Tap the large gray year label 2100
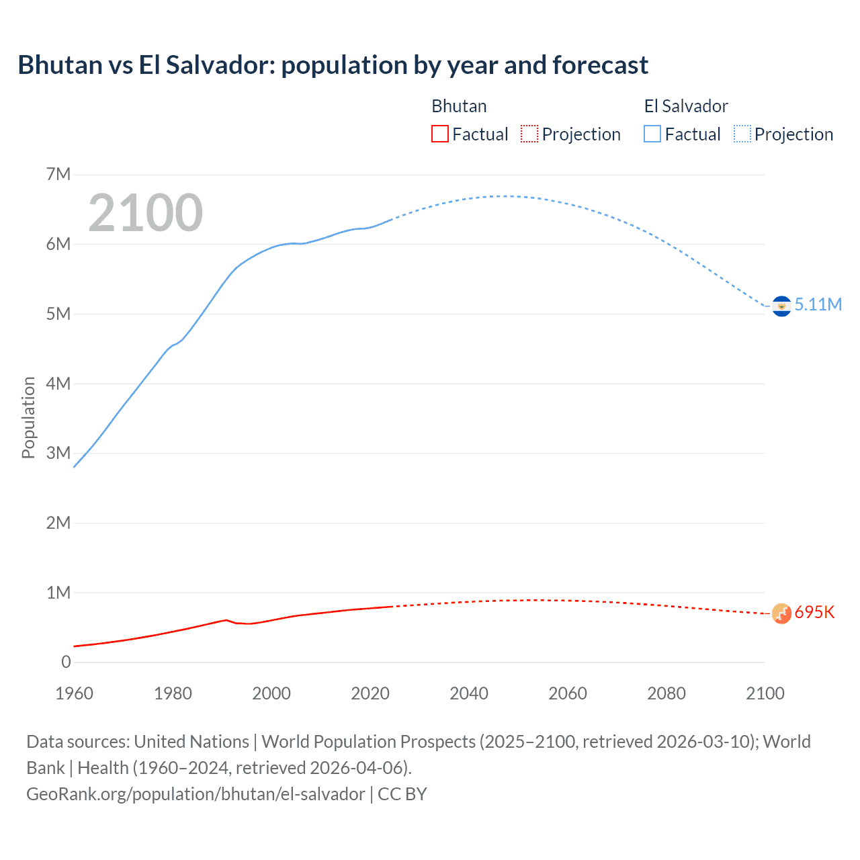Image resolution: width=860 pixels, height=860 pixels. click(x=145, y=213)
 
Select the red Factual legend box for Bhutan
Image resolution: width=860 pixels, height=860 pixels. click(x=439, y=134)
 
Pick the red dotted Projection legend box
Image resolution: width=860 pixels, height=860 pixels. click(x=529, y=134)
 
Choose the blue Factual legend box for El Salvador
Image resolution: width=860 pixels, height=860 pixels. click(x=652, y=134)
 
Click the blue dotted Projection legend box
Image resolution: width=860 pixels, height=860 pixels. click(x=742, y=134)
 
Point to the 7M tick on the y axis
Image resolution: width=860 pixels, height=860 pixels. click(x=58, y=175)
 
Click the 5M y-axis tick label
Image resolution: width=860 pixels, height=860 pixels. click(x=58, y=314)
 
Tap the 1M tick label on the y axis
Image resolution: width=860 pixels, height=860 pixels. click(x=58, y=593)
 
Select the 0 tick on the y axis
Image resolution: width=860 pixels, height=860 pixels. click(x=66, y=662)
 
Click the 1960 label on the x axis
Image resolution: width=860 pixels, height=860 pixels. click(x=74, y=693)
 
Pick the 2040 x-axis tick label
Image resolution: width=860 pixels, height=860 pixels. click(x=469, y=693)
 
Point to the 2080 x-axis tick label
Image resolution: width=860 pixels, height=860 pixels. click(x=666, y=693)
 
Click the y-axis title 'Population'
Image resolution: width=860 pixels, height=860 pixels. click(x=28, y=418)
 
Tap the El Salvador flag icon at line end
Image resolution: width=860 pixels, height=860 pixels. click(x=781, y=306)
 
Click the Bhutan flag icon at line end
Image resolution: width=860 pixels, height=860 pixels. click(x=781, y=613)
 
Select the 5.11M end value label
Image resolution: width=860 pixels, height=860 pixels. click(x=818, y=304)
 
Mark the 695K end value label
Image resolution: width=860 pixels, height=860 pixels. click(x=814, y=613)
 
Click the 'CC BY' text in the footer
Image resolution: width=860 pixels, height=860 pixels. click(x=402, y=794)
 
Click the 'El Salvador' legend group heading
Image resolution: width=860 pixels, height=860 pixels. click(x=685, y=106)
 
